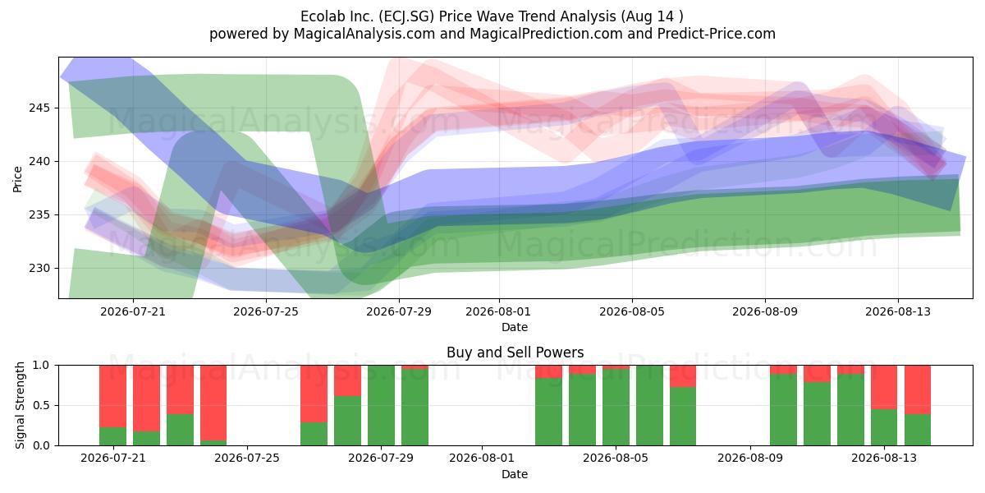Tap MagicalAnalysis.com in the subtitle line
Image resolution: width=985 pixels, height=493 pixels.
tap(364, 34)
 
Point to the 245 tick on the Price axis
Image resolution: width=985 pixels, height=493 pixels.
tap(39, 108)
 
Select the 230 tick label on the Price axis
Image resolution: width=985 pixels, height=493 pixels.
tap(39, 268)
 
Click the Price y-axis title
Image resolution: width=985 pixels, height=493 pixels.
tap(17, 179)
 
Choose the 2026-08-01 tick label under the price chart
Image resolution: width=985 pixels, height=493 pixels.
tap(498, 311)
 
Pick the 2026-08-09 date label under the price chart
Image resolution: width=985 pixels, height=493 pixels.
tap(765, 311)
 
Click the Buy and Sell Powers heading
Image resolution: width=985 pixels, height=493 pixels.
tap(515, 352)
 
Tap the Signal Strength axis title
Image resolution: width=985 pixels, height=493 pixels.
tap(20, 405)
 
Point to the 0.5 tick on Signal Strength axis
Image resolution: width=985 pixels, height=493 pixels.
tap(41, 405)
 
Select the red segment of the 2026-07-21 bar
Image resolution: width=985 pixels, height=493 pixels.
tap(113, 396)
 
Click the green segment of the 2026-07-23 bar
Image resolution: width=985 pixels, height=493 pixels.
tap(180, 430)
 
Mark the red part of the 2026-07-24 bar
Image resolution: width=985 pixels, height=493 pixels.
tap(213, 403)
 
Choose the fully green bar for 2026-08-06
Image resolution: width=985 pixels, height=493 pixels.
tap(649, 405)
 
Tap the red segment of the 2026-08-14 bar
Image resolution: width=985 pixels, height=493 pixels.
tap(918, 389)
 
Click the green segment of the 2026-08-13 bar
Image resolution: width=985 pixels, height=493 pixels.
tap(884, 427)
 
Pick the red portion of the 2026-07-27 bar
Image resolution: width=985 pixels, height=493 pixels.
tap(314, 394)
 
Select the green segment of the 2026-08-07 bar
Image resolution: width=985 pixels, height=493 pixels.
tap(683, 417)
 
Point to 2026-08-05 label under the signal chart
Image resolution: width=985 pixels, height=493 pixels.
tap(616, 458)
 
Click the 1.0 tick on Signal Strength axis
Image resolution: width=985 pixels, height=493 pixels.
tap(41, 366)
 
